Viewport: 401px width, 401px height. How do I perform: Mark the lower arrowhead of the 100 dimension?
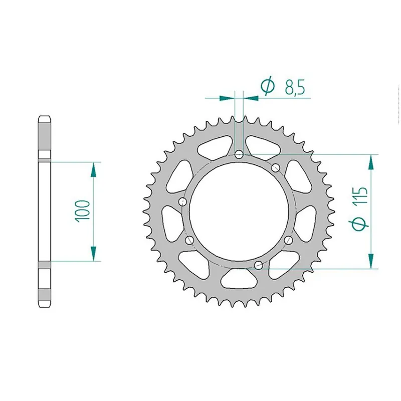tap(93, 253)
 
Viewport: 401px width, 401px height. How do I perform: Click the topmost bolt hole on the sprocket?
tap(239, 154)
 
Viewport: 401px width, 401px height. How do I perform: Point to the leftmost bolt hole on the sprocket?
tap(182, 202)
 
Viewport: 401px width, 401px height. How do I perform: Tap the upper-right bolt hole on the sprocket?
tap(275, 168)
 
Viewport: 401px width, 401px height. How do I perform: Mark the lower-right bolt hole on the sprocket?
tap(288, 241)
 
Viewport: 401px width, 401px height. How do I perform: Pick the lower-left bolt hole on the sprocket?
tap(189, 241)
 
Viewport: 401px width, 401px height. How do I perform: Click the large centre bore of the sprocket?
tap(239, 211)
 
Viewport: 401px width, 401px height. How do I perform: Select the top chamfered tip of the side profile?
tap(43, 119)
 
